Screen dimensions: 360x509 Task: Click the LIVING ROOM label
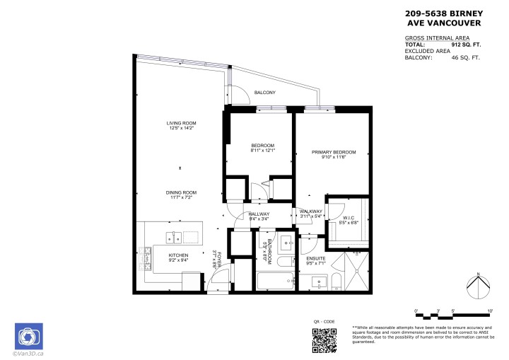pos(181,123)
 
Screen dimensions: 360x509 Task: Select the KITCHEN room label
pos(177,255)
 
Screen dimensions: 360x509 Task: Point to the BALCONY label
pos(264,93)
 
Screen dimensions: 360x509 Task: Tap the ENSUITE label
pos(315,259)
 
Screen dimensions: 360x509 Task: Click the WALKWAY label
pos(311,211)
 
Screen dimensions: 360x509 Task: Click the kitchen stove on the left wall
pos(148,257)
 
